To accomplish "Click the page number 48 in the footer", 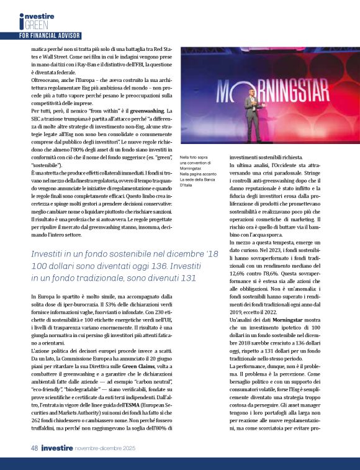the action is [25, 448].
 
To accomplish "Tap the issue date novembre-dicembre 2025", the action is [111, 448].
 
